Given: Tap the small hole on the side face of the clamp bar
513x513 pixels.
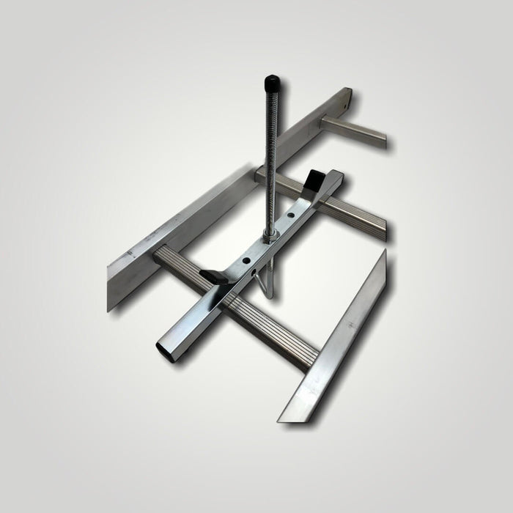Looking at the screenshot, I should coord(256,273).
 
